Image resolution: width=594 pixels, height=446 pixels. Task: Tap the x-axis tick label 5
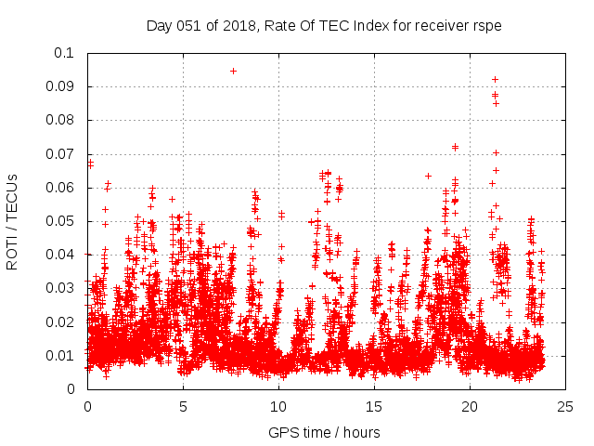point(184,407)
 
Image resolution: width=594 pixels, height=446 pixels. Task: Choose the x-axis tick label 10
point(279,407)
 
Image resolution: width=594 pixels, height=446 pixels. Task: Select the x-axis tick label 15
point(375,407)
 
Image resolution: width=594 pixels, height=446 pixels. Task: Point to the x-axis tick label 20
point(471,407)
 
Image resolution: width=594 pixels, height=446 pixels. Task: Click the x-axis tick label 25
point(566,407)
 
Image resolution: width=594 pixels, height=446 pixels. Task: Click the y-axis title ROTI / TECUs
point(13,221)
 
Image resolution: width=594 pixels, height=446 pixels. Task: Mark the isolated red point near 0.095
point(233,71)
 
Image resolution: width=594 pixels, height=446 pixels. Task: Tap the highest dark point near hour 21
point(496,79)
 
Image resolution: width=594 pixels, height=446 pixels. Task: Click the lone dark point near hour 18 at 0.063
point(428,176)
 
